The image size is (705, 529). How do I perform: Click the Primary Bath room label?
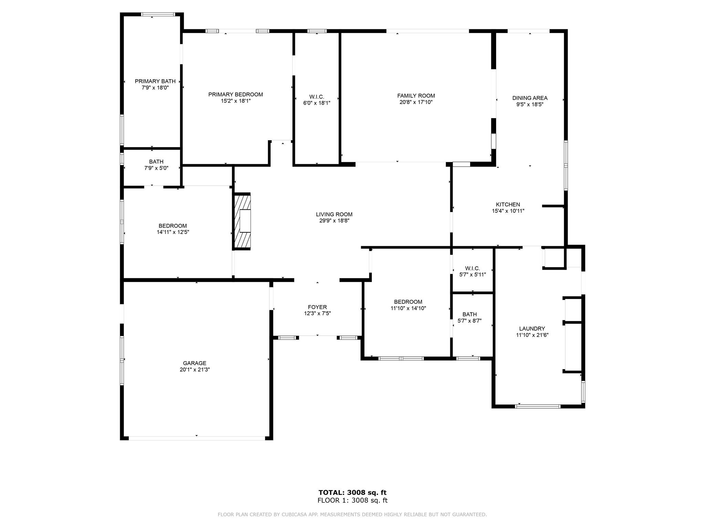click(155, 81)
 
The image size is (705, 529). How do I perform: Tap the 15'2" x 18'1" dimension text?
click(235, 101)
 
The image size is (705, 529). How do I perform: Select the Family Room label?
click(416, 96)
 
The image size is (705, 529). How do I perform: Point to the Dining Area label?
click(530, 98)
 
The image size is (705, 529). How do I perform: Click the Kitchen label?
click(508, 205)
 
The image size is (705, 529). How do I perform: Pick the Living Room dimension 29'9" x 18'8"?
click(334, 221)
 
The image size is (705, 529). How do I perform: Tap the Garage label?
click(194, 363)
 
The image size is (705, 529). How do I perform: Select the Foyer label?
click(317, 307)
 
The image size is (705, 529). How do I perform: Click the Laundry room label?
click(532, 329)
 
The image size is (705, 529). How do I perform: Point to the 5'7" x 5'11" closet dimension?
click(472, 275)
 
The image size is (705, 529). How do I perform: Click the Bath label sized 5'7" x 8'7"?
click(470, 314)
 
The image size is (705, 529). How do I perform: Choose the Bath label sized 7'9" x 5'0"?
click(156, 162)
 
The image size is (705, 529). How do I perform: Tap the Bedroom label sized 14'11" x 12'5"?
click(172, 226)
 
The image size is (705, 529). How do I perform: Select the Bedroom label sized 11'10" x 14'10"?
click(408, 302)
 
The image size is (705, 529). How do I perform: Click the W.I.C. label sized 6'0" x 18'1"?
click(317, 97)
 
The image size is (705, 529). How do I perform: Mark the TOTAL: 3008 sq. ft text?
click(352, 492)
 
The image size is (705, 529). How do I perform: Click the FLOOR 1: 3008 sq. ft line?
click(352, 500)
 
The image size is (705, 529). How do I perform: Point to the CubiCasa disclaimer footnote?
click(352, 515)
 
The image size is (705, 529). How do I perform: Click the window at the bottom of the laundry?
click(537, 406)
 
